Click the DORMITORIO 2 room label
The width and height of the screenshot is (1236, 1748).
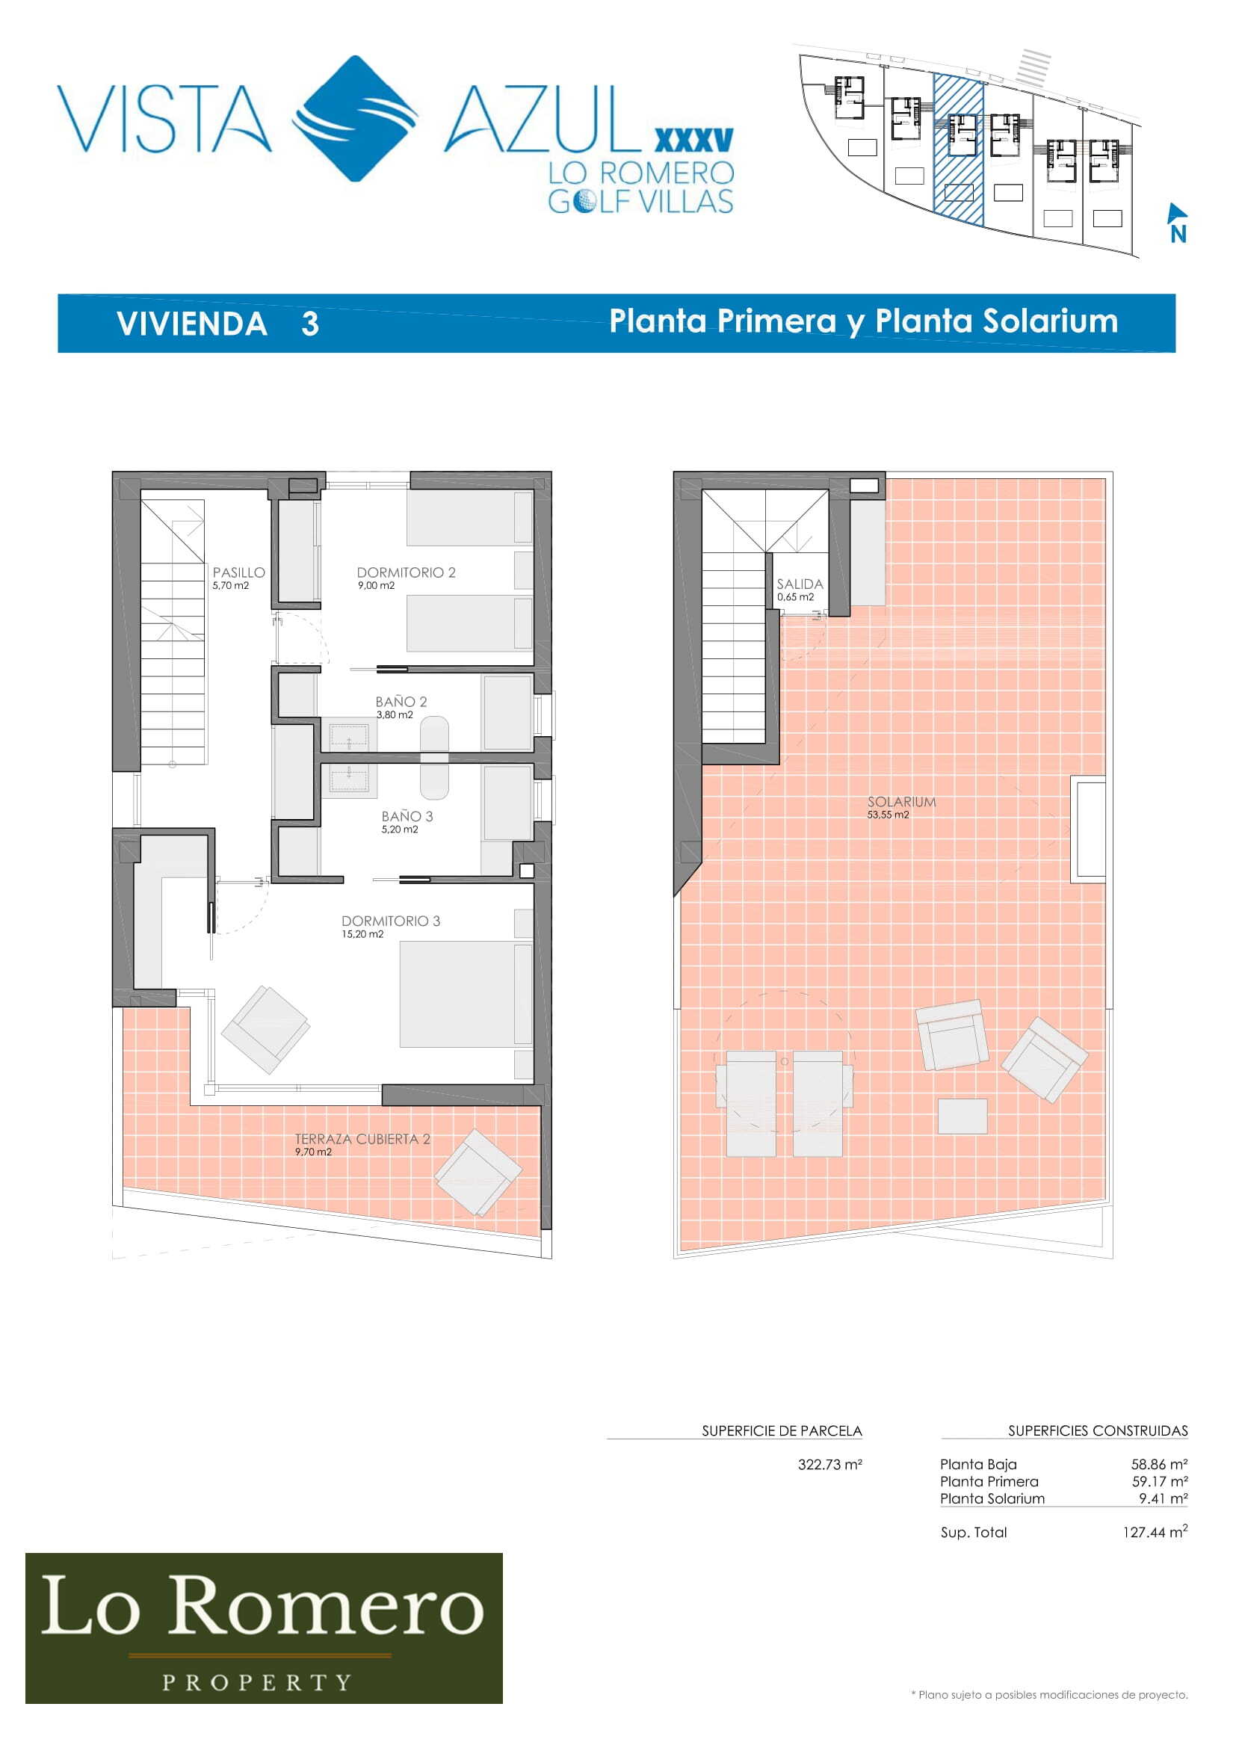[x=406, y=572]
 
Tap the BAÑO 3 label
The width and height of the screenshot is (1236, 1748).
[x=407, y=816]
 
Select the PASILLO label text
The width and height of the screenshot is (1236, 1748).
[x=239, y=572]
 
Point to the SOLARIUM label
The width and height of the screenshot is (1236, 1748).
[x=902, y=802]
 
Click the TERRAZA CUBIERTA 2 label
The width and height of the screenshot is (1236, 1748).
[x=362, y=1139]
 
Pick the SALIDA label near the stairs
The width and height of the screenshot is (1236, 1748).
[x=800, y=584]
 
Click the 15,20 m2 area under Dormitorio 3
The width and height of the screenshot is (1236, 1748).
[x=362, y=934]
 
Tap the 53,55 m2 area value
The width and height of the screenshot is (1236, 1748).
[x=889, y=815]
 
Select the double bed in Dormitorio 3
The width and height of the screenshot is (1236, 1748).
[x=466, y=994]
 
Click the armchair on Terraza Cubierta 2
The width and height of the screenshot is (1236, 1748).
[x=478, y=1173]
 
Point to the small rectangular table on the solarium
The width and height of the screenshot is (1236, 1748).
[x=962, y=1116]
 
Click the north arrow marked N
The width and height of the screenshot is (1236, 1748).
[x=1178, y=222]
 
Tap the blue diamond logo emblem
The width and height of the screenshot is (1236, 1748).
[x=356, y=119]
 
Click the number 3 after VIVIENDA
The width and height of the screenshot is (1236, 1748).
[x=310, y=324]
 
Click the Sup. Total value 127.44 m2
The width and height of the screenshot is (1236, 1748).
[x=1155, y=1532]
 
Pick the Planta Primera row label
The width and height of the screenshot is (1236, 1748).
[x=989, y=1481]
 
